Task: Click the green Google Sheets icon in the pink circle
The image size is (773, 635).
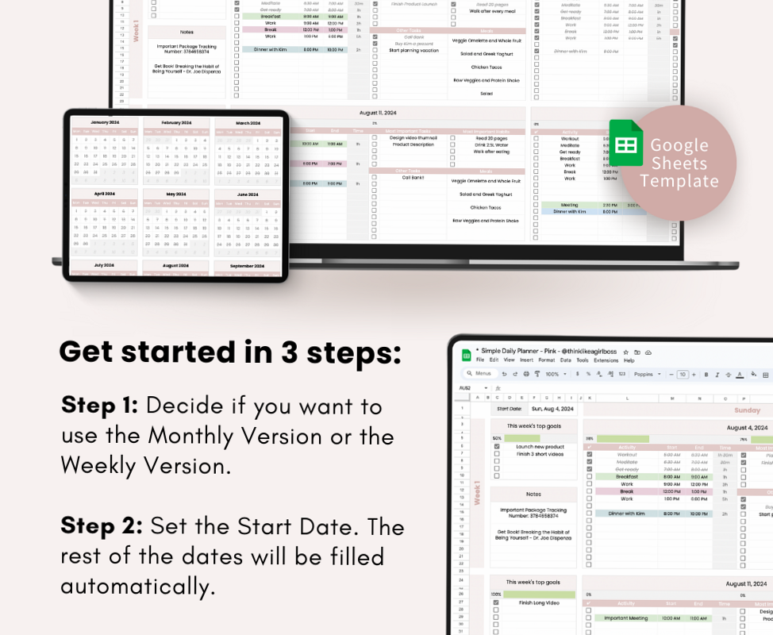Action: (625, 143)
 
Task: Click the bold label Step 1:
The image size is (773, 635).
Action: (99, 406)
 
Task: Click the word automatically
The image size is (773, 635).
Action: (138, 586)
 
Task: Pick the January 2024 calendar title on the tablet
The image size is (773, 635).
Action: (105, 122)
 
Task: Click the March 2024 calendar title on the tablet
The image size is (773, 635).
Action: (248, 123)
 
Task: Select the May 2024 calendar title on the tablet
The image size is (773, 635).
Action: (176, 194)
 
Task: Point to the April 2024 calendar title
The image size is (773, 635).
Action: (105, 194)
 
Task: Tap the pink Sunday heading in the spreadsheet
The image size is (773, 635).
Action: (747, 410)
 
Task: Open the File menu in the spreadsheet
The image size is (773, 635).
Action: (480, 360)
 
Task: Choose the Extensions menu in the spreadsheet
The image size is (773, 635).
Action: (606, 360)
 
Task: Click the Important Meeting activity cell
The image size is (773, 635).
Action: (627, 618)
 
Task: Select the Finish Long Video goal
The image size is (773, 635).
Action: (533, 602)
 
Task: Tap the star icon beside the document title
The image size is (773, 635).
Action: (626, 351)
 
